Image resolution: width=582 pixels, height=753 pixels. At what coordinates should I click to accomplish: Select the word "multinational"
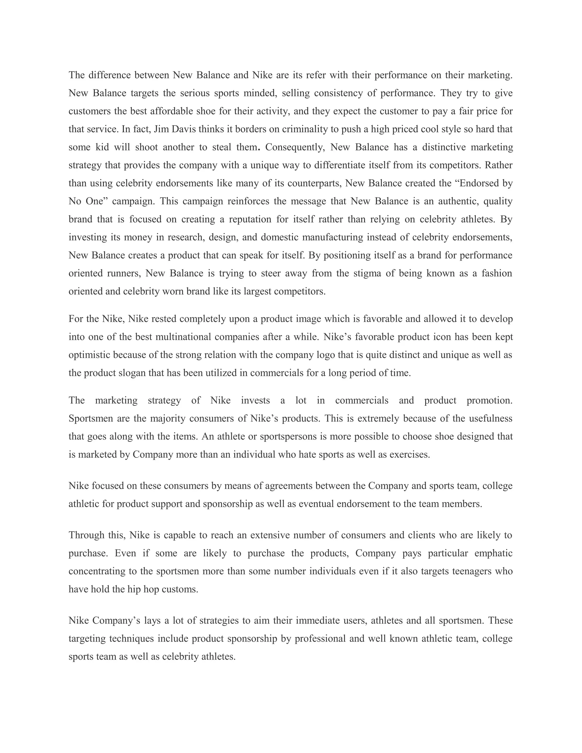(183, 337)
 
